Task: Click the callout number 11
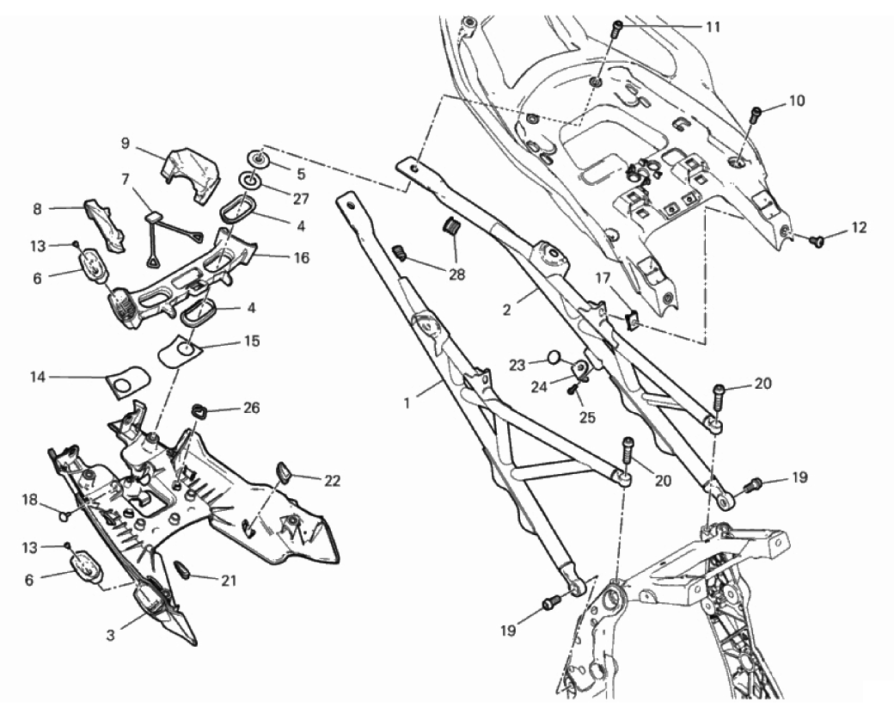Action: (713, 27)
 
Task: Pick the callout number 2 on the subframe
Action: (507, 307)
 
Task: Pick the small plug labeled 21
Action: (182, 569)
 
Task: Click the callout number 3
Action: (111, 636)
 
